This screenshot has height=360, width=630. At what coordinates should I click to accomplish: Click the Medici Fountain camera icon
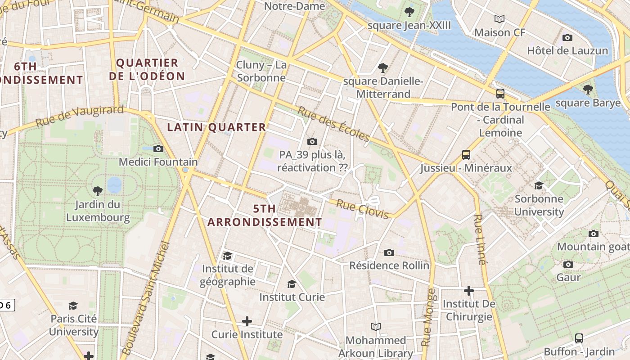[x=158, y=148]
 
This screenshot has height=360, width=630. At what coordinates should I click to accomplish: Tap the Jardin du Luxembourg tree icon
[x=97, y=191]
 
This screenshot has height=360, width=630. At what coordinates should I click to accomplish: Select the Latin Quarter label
[x=216, y=127]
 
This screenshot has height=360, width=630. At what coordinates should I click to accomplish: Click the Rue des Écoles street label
[x=333, y=124]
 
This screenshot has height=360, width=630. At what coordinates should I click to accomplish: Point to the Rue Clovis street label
[x=362, y=209]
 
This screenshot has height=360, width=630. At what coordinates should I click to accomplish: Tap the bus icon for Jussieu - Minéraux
[x=466, y=155]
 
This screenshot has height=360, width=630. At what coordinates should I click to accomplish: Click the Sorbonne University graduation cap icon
[x=539, y=185]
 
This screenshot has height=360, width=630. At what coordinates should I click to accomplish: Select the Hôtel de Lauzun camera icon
[x=567, y=37]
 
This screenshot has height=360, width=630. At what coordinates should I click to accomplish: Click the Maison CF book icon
[x=499, y=19]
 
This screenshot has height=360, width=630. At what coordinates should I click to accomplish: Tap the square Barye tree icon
[x=588, y=90]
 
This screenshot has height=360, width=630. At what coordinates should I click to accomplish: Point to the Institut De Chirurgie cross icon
[x=469, y=291]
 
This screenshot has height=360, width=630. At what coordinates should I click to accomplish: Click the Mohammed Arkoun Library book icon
[x=376, y=327]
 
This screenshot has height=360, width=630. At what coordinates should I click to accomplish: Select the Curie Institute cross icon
[x=247, y=321]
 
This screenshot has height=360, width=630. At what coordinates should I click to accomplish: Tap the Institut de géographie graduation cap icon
[x=227, y=256]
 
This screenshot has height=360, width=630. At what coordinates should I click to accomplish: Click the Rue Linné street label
[x=480, y=239]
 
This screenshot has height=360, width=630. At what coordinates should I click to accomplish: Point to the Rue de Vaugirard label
[x=79, y=116]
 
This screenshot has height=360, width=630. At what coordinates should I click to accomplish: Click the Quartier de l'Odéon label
[x=147, y=69]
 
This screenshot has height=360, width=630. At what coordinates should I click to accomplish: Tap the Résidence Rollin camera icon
[x=389, y=252]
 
